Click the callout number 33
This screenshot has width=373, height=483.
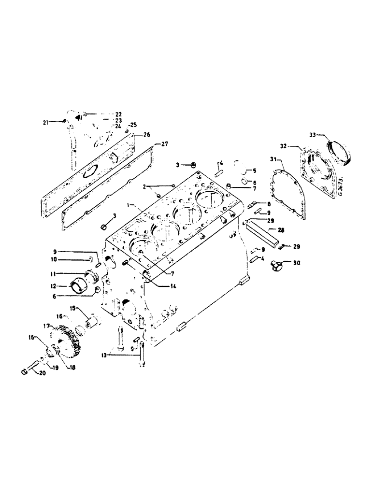313,135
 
